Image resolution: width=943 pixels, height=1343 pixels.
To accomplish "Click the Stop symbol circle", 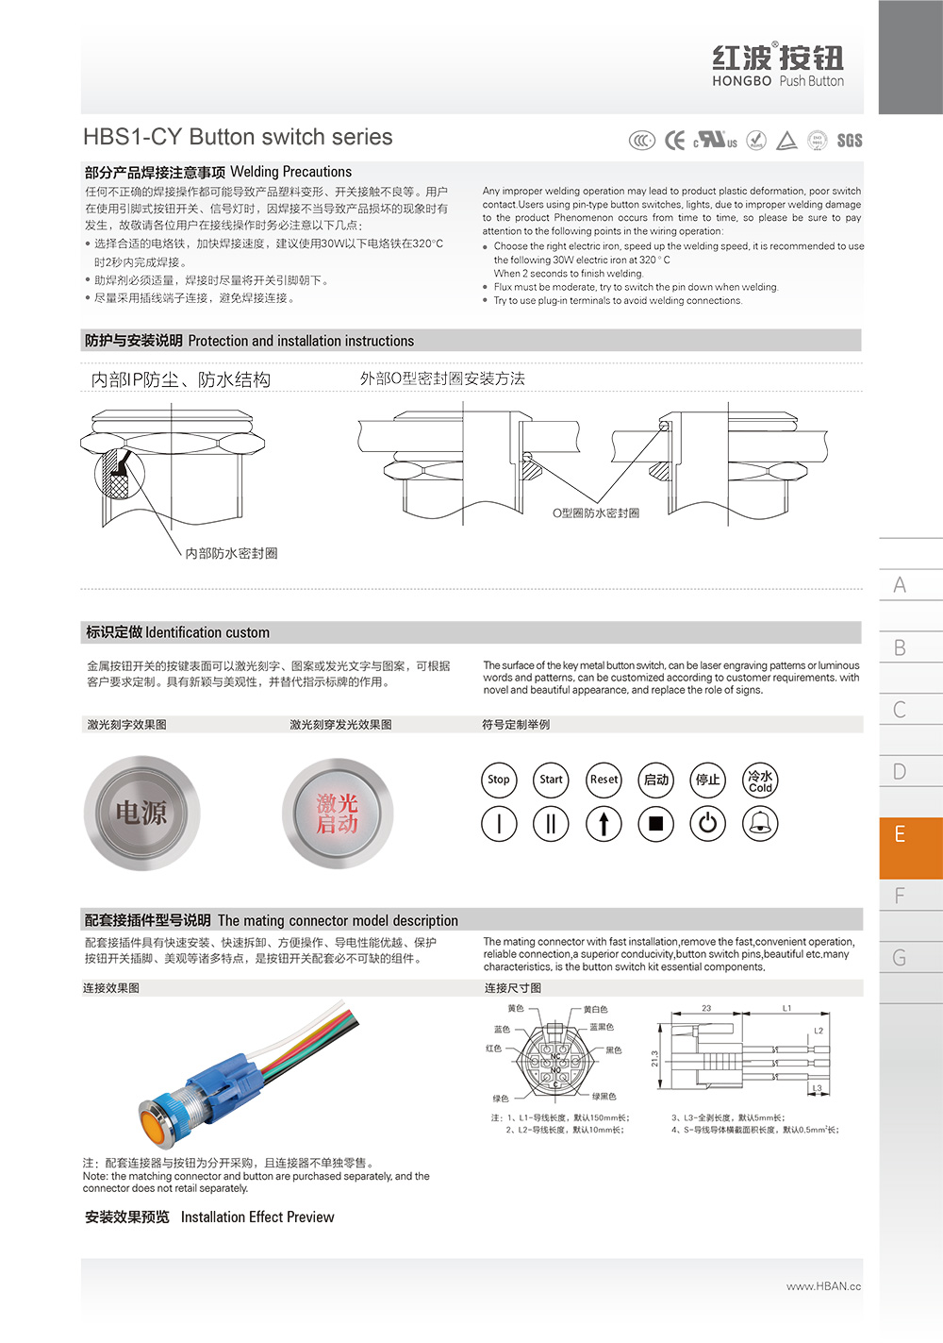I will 499,780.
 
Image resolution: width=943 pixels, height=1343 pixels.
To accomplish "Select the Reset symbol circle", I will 604,780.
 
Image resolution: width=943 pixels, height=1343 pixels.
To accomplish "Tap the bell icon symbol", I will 760,824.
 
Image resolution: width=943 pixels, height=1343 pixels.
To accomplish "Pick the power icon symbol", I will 707,824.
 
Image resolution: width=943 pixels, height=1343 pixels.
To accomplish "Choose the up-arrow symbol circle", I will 604,824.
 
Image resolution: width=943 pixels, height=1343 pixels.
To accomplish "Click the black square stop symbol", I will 655,824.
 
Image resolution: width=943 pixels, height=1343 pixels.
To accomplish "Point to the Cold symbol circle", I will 760,780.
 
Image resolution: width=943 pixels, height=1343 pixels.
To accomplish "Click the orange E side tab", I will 910,835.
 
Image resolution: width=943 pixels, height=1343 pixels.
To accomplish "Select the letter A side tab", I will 901,585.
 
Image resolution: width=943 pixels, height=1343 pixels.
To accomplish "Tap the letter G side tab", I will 901,958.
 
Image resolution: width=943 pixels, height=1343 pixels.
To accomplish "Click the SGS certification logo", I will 850,141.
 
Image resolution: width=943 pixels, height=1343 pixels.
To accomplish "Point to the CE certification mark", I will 675,141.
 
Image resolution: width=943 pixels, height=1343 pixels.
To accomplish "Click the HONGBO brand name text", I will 742,81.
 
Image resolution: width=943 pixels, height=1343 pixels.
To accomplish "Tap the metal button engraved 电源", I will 141,813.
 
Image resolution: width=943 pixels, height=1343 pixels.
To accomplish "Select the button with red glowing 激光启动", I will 337,813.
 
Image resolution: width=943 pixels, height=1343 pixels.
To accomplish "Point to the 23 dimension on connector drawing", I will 706,1009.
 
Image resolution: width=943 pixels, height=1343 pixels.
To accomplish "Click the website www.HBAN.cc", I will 823,1286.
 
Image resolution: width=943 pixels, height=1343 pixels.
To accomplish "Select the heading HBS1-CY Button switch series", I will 238,137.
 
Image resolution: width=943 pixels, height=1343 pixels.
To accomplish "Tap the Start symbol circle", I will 551,780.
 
